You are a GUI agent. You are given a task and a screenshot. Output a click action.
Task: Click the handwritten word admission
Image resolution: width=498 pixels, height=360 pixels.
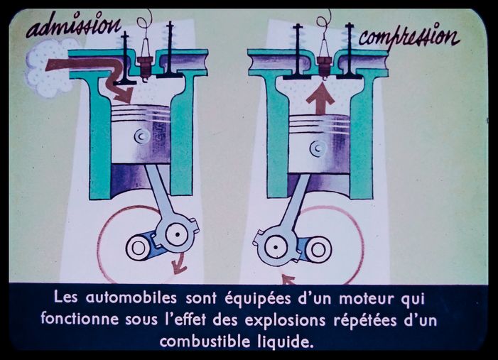[x=74, y=25]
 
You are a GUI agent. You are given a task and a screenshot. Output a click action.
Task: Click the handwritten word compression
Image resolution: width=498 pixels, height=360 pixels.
[x=409, y=36]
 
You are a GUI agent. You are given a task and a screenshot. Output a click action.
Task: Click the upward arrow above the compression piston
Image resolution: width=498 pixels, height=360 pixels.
[x=321, y=98]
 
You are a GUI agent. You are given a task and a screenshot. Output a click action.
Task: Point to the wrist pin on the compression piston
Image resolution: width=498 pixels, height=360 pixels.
[x=318, y=148]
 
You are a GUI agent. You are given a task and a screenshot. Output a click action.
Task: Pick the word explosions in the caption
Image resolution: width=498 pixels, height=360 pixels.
[x=285, y=320]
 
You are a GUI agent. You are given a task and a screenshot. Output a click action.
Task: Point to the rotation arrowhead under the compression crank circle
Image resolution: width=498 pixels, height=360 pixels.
[x=288, y=280]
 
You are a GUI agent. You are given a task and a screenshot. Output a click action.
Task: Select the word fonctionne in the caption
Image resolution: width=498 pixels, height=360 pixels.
[x=80, y=319]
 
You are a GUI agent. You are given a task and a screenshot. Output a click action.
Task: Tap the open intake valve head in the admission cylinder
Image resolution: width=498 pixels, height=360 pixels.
[x=125, y=82]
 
